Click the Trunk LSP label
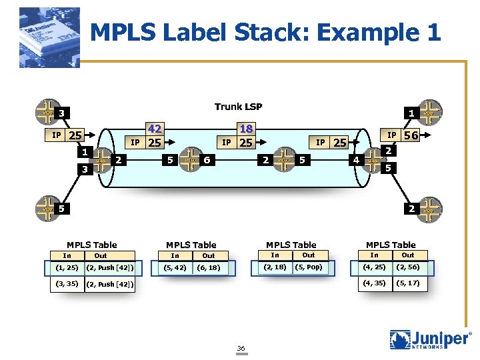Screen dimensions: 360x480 click(x=238, y=107)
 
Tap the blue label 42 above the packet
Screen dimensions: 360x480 click(x=155, y=129)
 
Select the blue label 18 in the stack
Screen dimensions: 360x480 click(x=246, y=129)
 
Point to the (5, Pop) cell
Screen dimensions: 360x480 click(x=309, y=267)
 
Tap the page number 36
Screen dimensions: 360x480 click(x=241, y=348)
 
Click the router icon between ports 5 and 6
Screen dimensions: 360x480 click(x=190, y=160)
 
